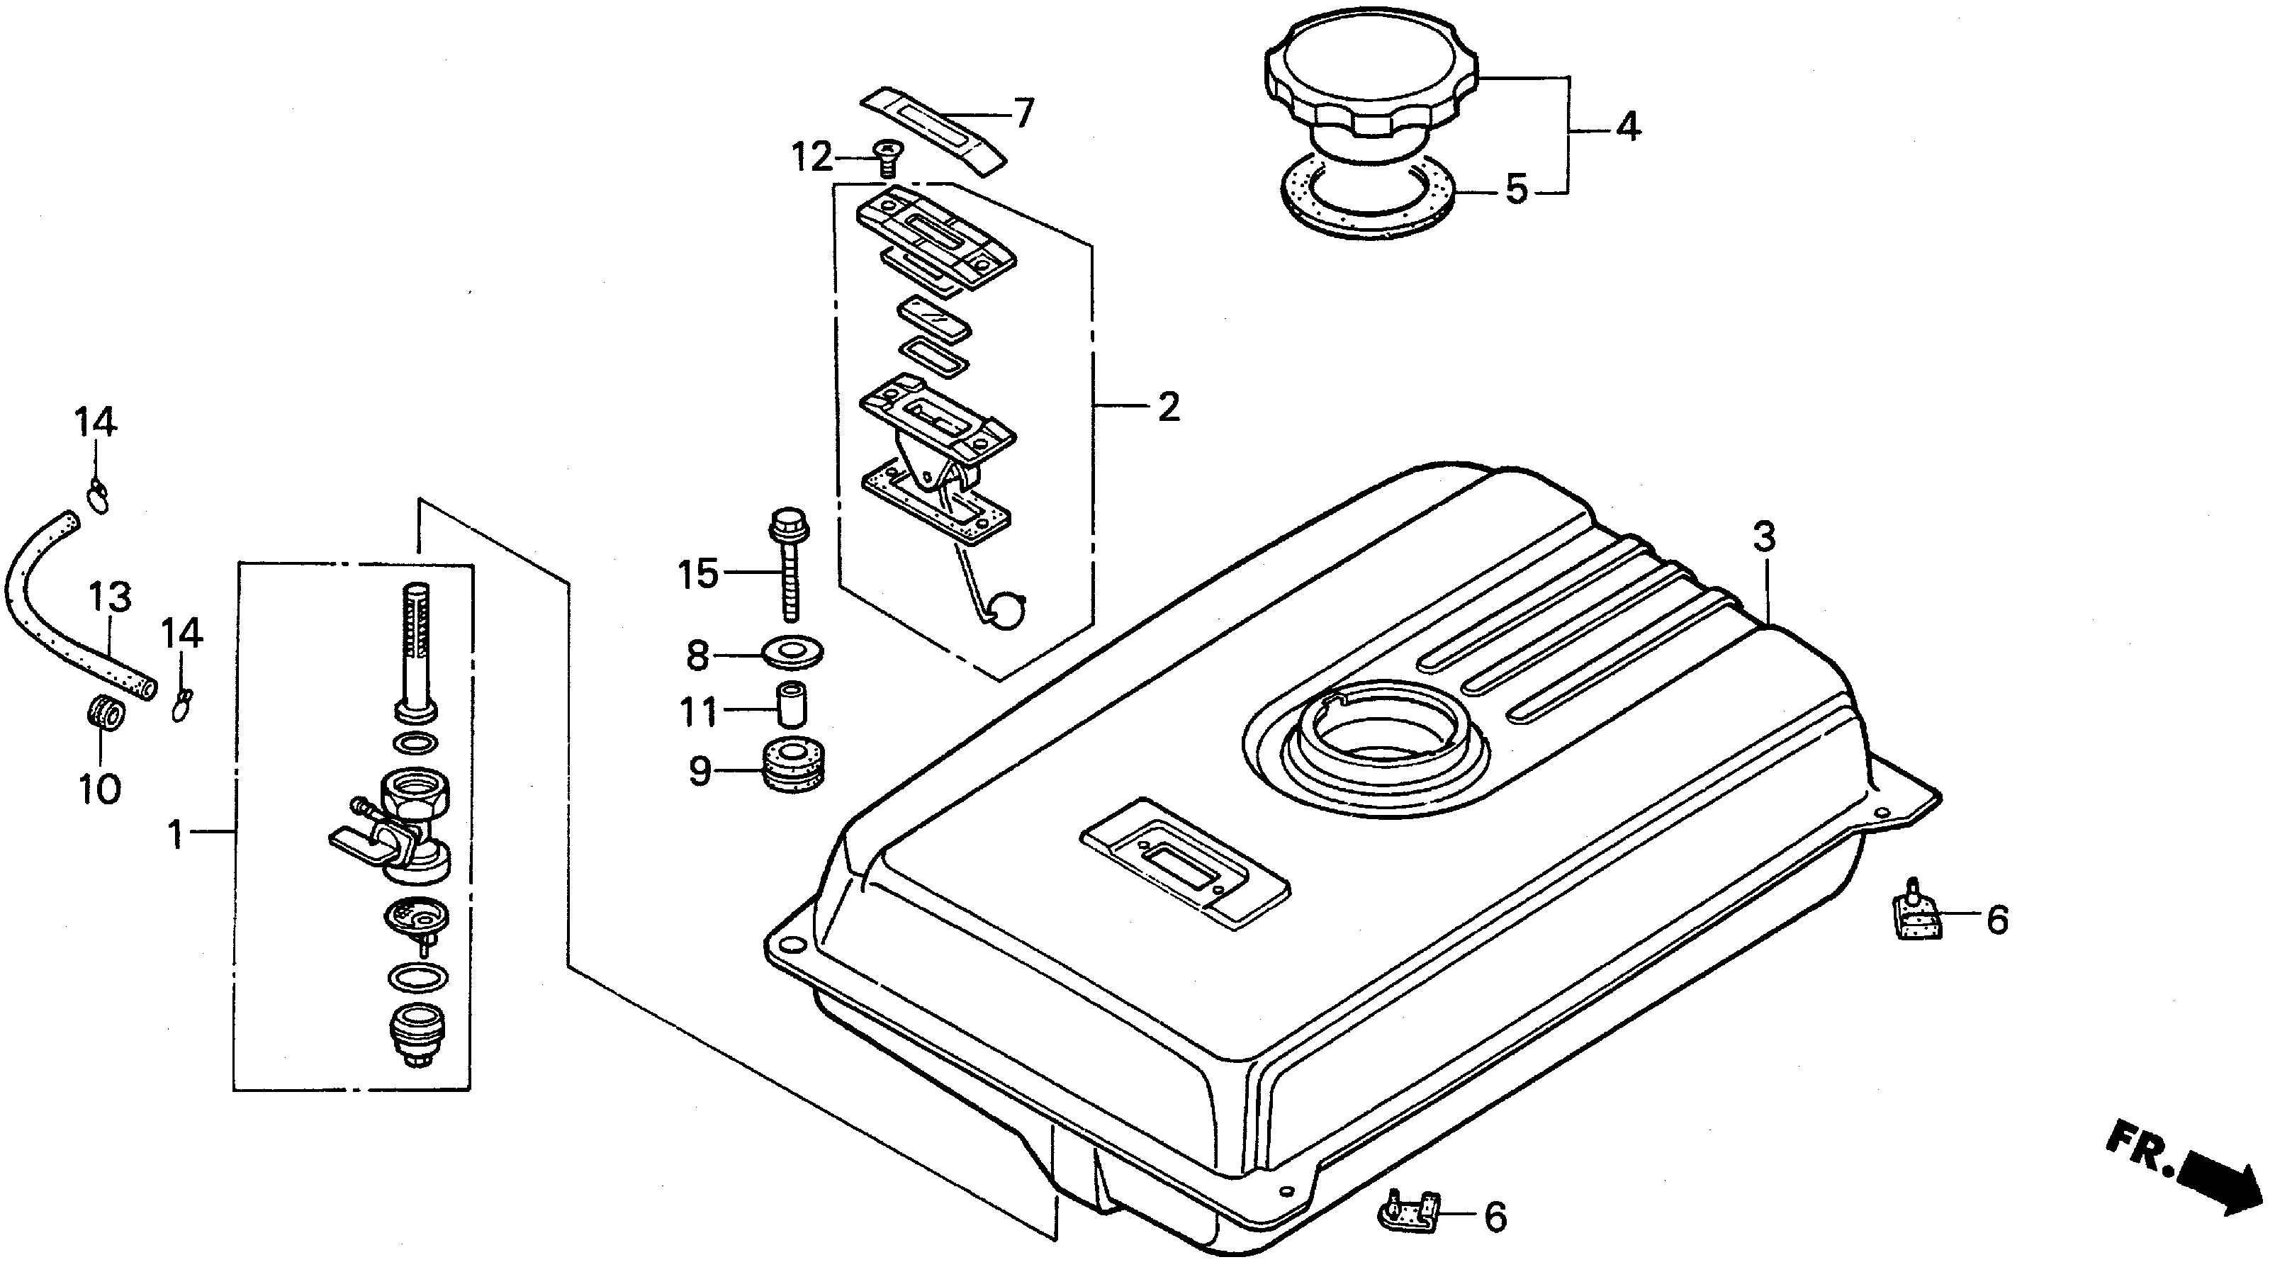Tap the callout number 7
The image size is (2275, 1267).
(x=1023, y=114)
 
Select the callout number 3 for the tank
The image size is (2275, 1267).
(x=1763, y=538)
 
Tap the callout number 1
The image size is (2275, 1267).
(x=176, y=833)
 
